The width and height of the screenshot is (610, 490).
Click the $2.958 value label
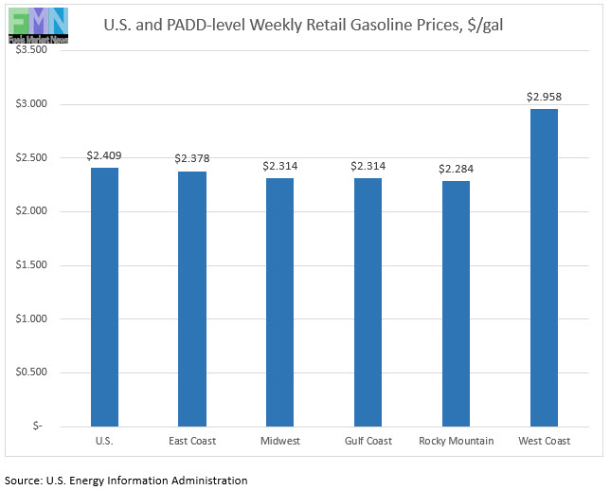coord(544,97)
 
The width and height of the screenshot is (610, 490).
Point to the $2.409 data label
coord(104,155)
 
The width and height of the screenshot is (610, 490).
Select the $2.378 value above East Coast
coord(192,158)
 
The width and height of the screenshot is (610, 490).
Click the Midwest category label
coord(279,442)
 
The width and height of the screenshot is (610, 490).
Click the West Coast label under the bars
coord(544,442)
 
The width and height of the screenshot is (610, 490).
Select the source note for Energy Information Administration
coord(126,481)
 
